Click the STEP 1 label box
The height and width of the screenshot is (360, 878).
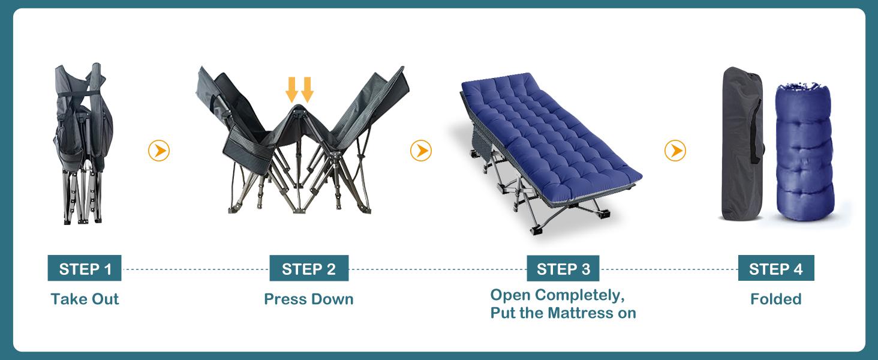point(85,269)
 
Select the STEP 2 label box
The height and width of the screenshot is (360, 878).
point(309,269)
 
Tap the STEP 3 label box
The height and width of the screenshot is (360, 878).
point(563,269)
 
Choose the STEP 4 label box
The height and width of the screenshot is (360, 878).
point(775,269)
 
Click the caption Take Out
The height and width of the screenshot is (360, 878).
point(85,299)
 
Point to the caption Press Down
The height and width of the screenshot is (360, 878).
point(309,299)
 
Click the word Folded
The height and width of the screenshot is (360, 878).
point(775,299)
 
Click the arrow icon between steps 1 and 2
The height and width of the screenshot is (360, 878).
point(159,151)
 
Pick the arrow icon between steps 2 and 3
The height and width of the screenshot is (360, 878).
point(421,151)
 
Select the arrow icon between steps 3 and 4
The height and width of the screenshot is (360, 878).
point(675,151)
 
